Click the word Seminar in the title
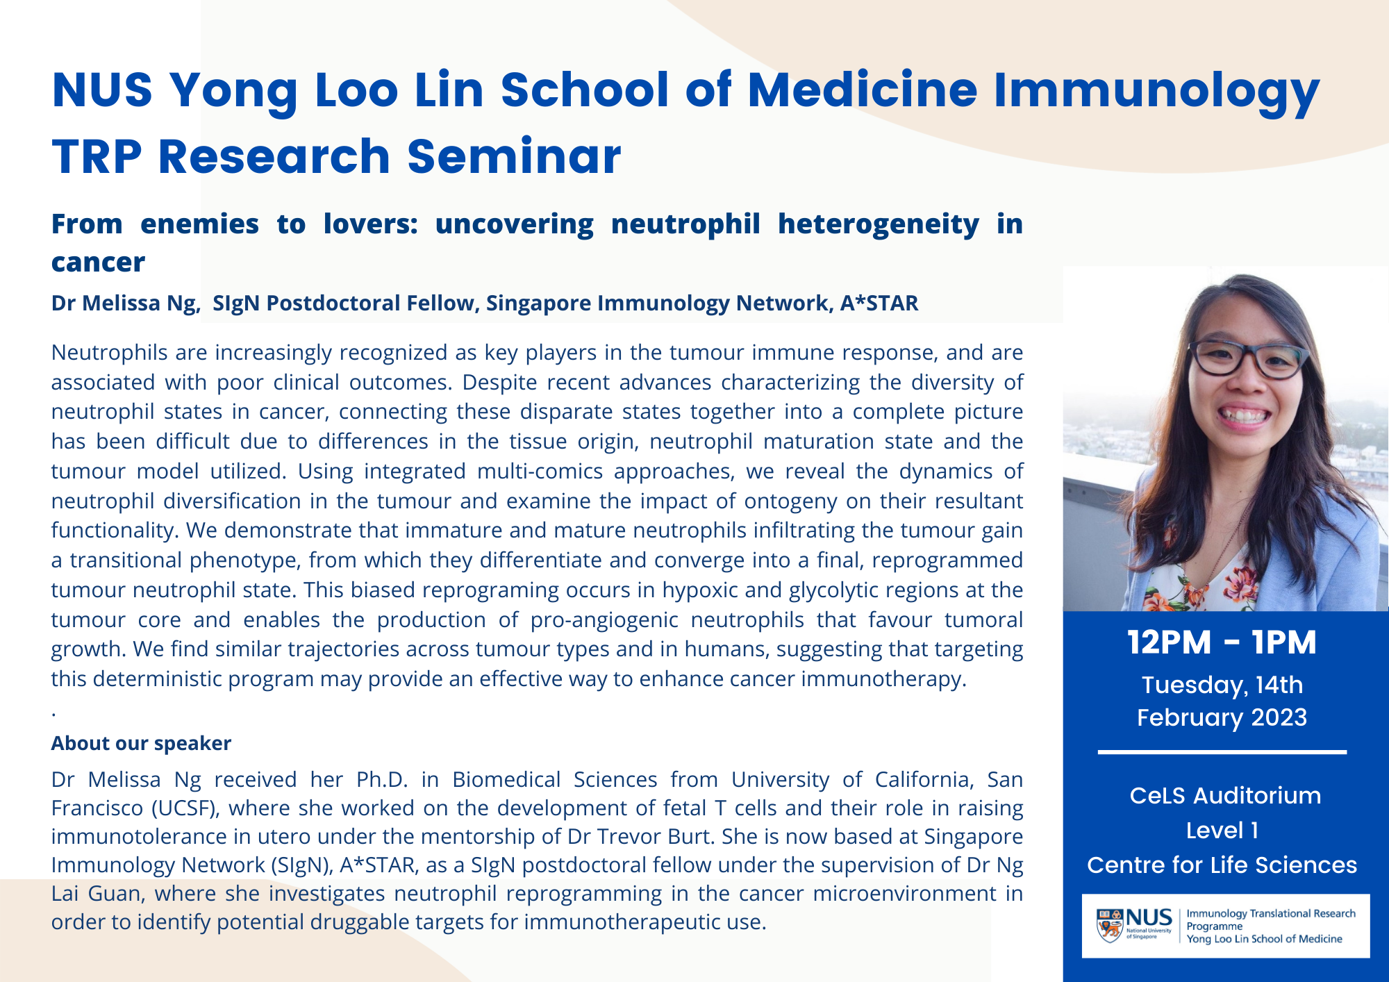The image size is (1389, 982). [x=514, y=157]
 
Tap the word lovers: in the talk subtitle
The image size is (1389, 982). [x=370, y=224]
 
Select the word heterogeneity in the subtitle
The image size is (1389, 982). [x=878, y=224]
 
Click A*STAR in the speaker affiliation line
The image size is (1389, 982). [x=879, y=303]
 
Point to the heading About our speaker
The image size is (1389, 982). [x=141, y=743]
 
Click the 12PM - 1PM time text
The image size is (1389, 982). [x=1222, y=642]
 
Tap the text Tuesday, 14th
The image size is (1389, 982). [x=1222, y=685]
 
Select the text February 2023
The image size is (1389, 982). [x=1222, y=717]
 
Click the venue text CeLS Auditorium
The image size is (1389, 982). [x=1225, y=795]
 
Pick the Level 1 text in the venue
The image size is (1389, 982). [x=1222, y=831]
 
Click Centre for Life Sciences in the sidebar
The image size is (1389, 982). [x=1222, y=865]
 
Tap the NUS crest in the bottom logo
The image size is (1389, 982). [x=1110, y=926]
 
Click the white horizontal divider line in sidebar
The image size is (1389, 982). [x=1222, y=752]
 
